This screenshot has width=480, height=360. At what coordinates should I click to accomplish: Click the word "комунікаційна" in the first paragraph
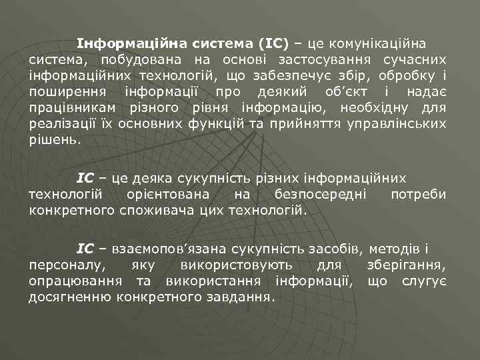(377, 44)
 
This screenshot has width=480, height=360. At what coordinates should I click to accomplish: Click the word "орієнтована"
(166, 194)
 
